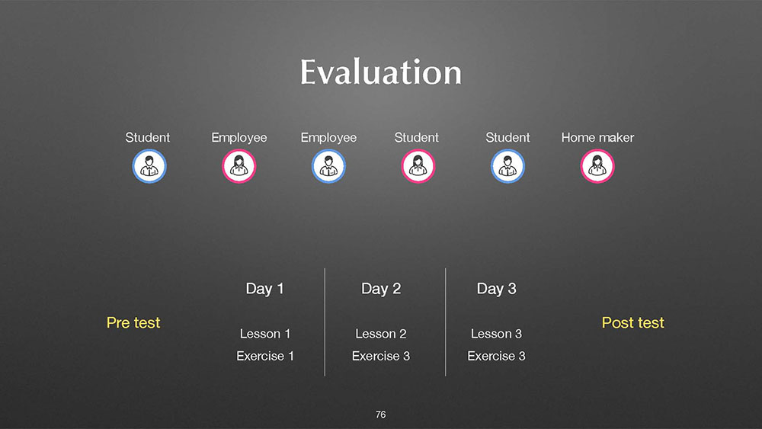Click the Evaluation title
click(x=380, y=72)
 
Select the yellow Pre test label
click(x=133, y=322)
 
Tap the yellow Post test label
click(x=632, y=322)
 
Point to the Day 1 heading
click(x=265, y=289)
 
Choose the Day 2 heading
click(x=381, y=289)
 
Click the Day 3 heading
click(x=496, y=289)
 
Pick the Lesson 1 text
click(x=265, y=334)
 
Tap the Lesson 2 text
click(x=380, y=334)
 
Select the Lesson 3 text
click(x=496, y=334)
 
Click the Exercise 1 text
click(x=265, y=356)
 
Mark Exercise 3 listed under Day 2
click(x=381, y=356)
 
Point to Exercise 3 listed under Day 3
click(x=496, y=356)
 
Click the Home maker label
click(x=597, y=137)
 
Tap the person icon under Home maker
click(x=597, y=166)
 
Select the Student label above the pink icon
click(x=417, y=137)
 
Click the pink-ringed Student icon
click(x=418, y=166)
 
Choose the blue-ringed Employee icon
click(x=328, y=166)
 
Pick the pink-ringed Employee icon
click(x=239, y=166)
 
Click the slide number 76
click(x=380, y=415)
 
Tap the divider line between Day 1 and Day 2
click(x=325, y=322)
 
